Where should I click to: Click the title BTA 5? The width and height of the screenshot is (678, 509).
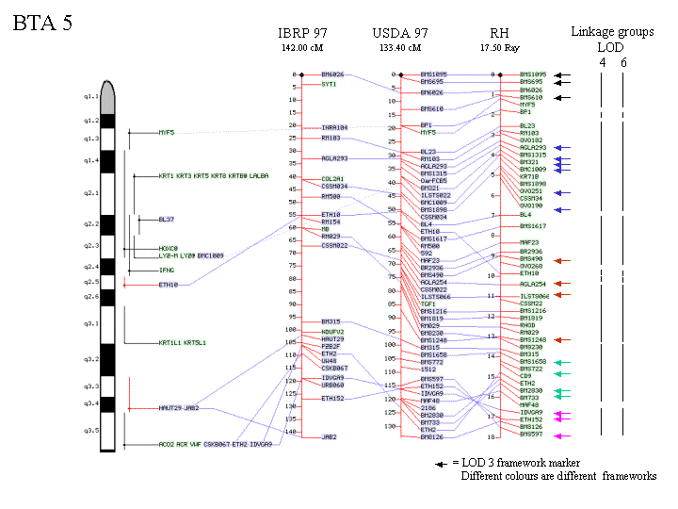41,24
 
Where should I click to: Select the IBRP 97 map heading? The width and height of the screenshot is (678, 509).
302,32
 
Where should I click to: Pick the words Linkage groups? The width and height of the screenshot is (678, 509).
612,32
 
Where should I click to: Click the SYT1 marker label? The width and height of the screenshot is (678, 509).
329,84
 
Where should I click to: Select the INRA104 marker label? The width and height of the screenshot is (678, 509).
334,126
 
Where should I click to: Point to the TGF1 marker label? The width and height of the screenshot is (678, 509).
428,304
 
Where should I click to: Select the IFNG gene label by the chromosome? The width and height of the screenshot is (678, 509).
166,271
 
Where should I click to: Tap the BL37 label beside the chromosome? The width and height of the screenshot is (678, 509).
167,219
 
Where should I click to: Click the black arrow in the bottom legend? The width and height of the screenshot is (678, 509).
440,464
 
